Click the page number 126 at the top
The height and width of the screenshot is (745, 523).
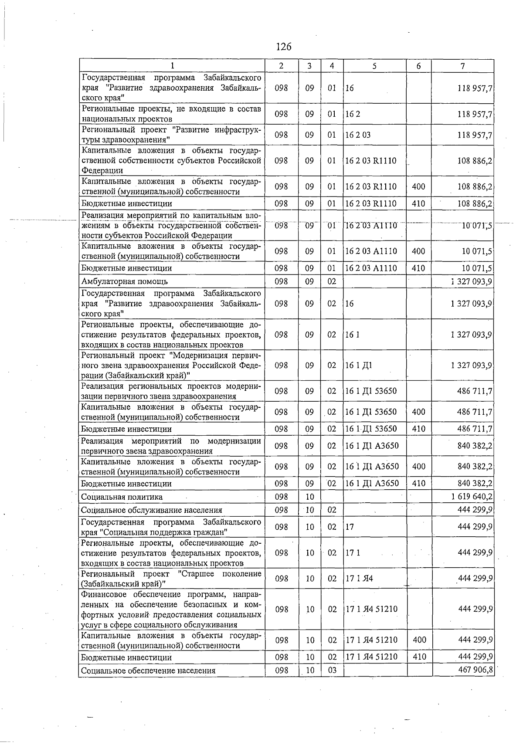click(x=283, y=46)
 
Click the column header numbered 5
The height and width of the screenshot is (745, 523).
click(x=374, y=66)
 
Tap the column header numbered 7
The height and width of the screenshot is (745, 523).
click(x=462, y=66)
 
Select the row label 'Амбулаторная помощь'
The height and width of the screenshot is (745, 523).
click(x=125, y=281)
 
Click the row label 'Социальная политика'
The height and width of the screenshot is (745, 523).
click(x=122, y=497)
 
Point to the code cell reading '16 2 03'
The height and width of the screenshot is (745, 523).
click(x=358, y=135)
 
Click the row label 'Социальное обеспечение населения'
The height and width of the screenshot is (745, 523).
click(x=148, y=670)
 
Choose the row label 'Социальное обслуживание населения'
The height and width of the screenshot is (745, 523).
click(x=152, y=510)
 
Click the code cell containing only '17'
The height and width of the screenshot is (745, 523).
click(x=350, y=527)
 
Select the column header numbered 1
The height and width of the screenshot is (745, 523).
click(x=172, y=66)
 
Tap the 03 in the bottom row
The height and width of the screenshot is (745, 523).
click(x=332, y=670)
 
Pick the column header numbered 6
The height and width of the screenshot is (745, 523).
click(x=419, y=66)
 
